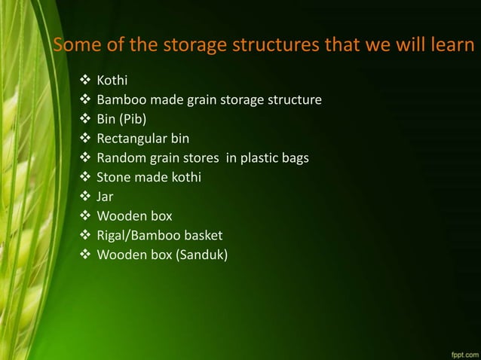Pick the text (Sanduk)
click(x=201, y=256)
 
